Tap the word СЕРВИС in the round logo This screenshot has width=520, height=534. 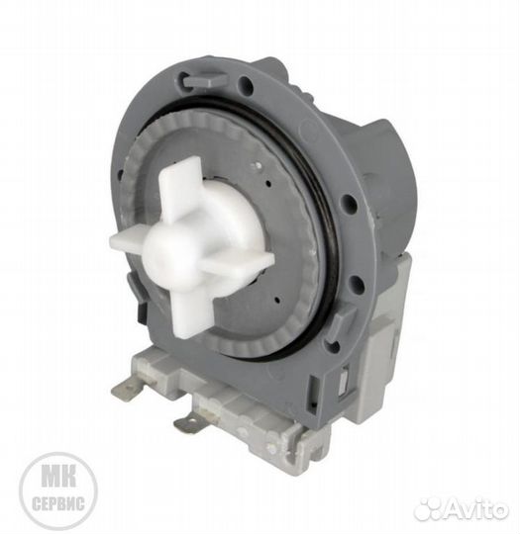coord(58,503)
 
